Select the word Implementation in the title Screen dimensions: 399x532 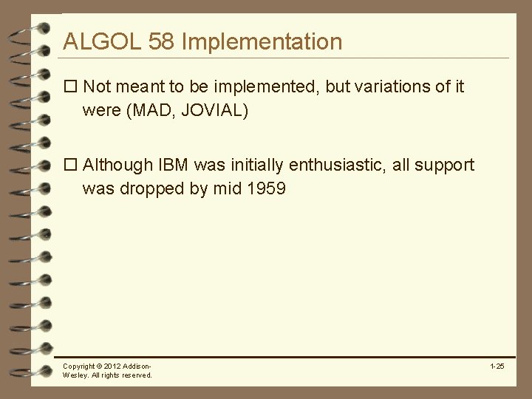point(262,41)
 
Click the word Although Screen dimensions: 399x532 point(117,165)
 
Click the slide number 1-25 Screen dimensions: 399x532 point(497,366)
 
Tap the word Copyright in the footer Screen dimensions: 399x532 point(79,366)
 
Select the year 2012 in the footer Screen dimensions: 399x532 point(113,366)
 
